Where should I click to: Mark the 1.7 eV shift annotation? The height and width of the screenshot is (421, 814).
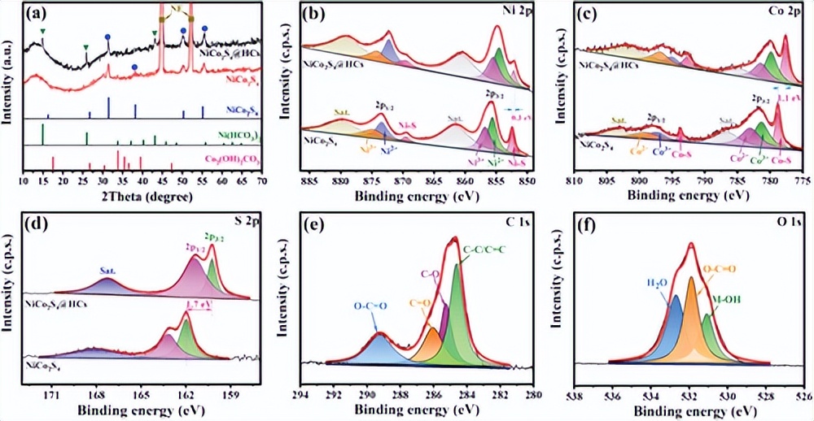coord(199,307)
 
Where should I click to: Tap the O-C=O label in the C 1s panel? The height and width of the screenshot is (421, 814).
coord(370,306)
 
